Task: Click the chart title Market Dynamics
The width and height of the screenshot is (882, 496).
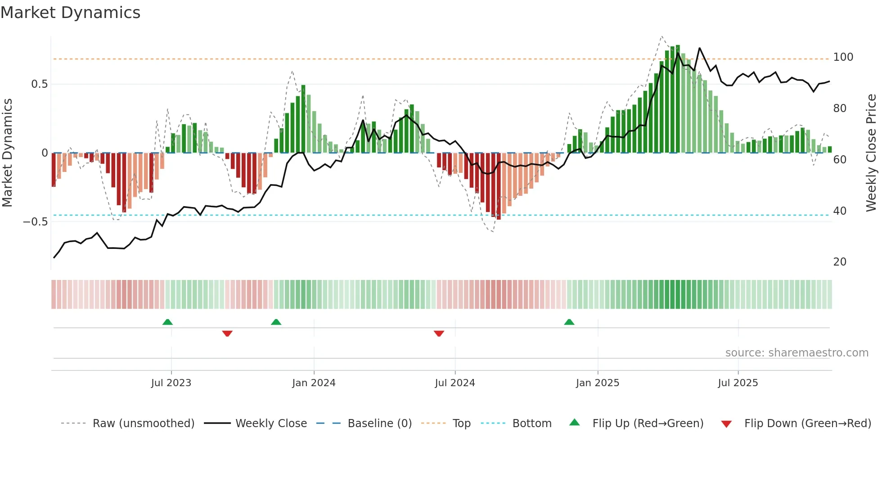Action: [x=71, y=13]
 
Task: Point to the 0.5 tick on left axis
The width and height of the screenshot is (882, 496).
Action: [x=39, y=84]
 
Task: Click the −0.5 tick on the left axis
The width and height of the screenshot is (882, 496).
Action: [x=35, y=221]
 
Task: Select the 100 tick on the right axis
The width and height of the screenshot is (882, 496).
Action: [x=843, y=57]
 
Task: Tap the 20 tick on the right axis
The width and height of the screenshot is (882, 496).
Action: [x=839, y=262]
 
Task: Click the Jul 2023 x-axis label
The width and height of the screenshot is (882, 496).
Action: [x=171, y=383]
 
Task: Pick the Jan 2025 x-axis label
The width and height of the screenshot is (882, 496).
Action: [x=597, y=383]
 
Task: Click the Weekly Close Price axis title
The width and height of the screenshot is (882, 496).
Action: [x=871, y=153]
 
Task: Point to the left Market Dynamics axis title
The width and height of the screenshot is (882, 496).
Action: [x=7, y=153]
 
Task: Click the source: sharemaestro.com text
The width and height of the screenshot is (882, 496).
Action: [x=796, y=353]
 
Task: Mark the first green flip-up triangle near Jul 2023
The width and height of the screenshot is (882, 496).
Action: [x=167, y=322]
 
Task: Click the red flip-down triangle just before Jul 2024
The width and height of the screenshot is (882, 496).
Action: [x=439, y=334]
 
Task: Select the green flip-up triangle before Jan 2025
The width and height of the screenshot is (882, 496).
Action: [x=569, y=322]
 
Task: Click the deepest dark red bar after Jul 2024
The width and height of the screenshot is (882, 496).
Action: [x=499, y=186]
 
